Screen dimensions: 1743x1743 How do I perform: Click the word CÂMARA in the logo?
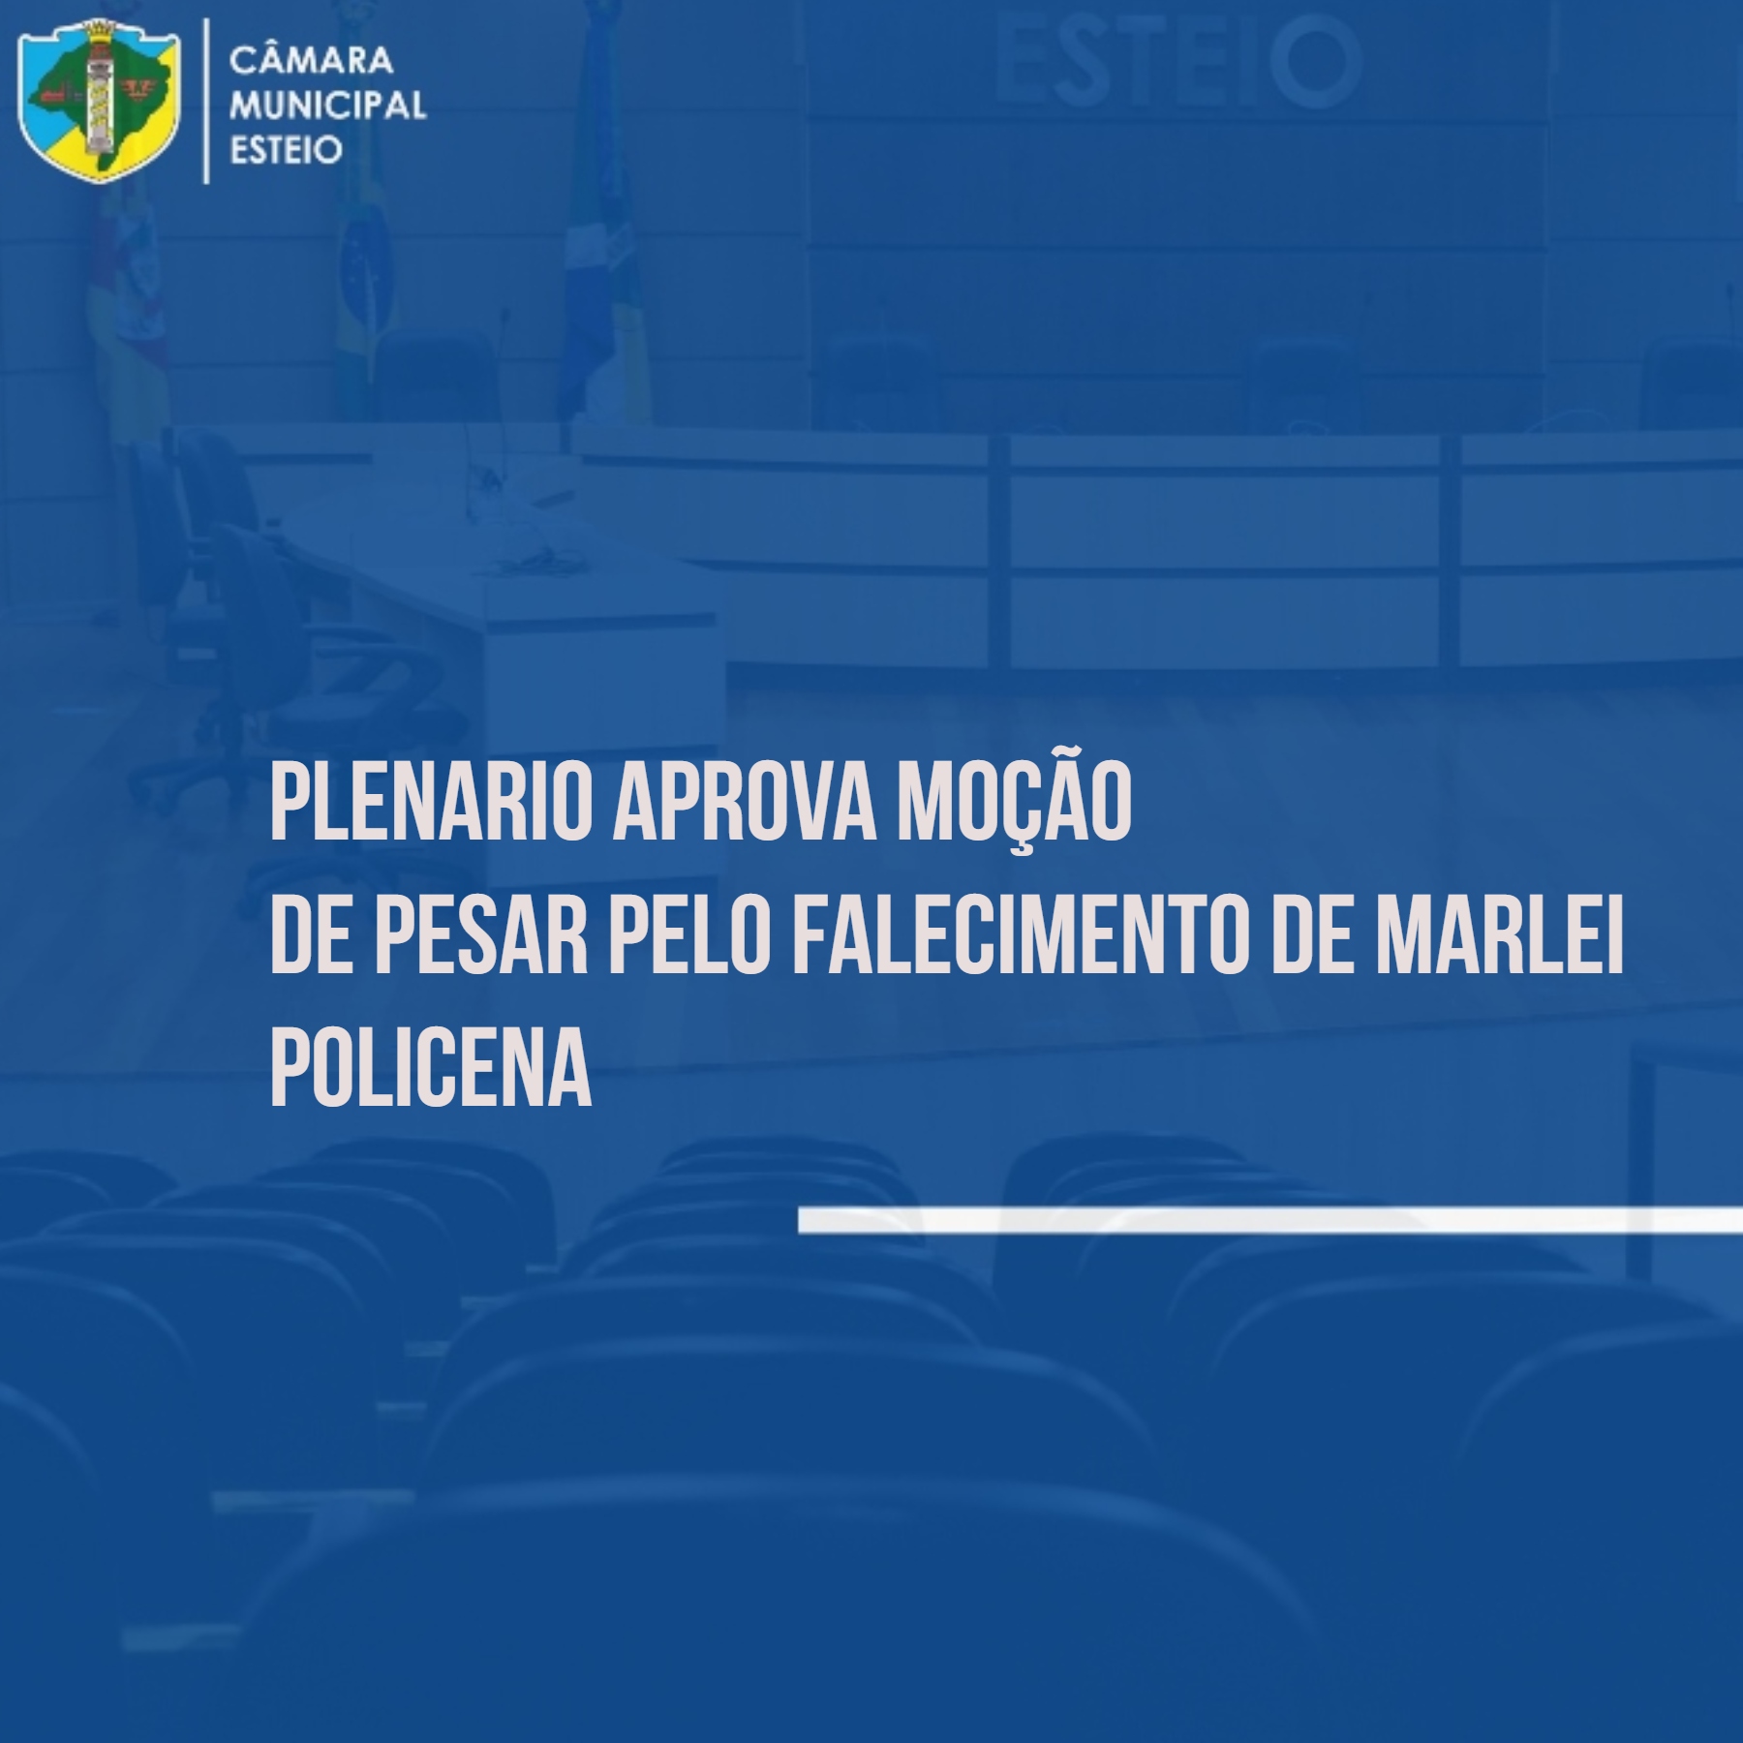point(311,59)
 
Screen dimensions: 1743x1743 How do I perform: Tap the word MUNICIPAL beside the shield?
point(327,105)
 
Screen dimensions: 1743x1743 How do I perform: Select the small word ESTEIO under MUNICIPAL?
point(286,150)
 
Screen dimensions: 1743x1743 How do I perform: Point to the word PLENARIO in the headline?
point(431,804)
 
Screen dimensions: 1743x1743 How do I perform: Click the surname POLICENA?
point(431,1072)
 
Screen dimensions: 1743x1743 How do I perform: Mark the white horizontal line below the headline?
point(1270,1220)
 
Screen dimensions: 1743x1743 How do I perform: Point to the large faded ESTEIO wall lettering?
point(1178,60)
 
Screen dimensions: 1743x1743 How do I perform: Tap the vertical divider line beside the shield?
point(206,101)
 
